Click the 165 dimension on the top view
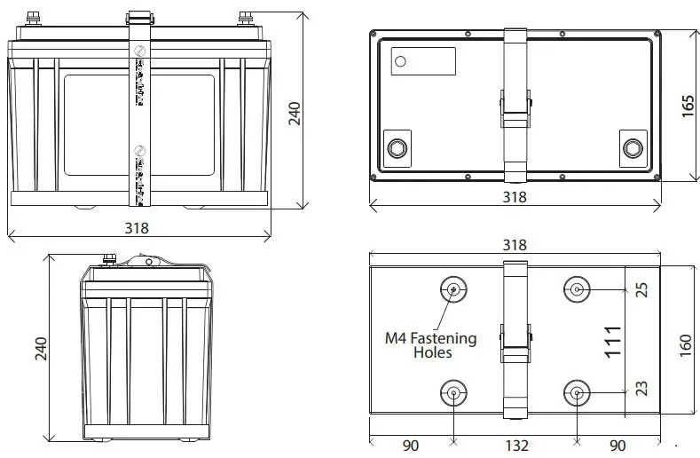[688, 105]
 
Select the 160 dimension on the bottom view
[686, 344]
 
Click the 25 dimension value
[642, 289]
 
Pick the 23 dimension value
[642, 388]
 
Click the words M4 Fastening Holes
[430, 345]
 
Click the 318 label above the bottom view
[515, 245]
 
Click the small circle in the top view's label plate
[400, 61]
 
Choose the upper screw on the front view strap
[138, 55]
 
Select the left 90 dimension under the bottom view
[411, 445]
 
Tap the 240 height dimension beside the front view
[295, 113]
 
